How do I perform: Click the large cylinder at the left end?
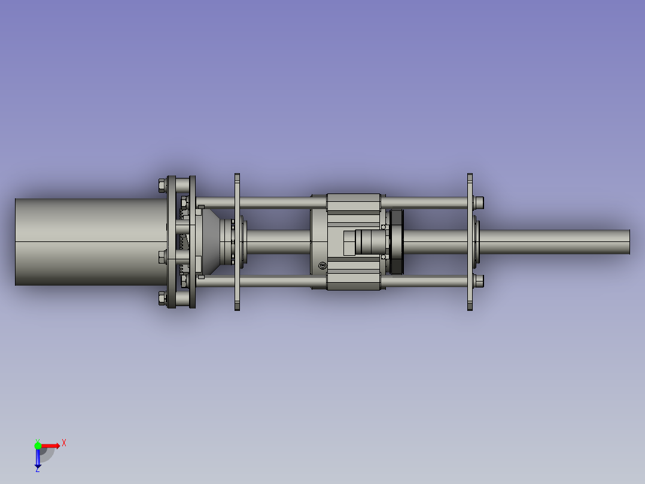(x=91, y=242)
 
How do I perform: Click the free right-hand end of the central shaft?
(x=629, y=242)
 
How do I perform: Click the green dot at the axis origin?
(x=38, y=446)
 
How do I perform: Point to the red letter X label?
(x=64, y=443)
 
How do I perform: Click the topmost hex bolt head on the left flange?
(x=162, y=185)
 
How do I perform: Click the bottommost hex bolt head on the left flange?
(x=162, y=298)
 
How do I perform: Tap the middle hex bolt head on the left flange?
(x=162, y=257)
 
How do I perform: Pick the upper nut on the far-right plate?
(x=479, y=202)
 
